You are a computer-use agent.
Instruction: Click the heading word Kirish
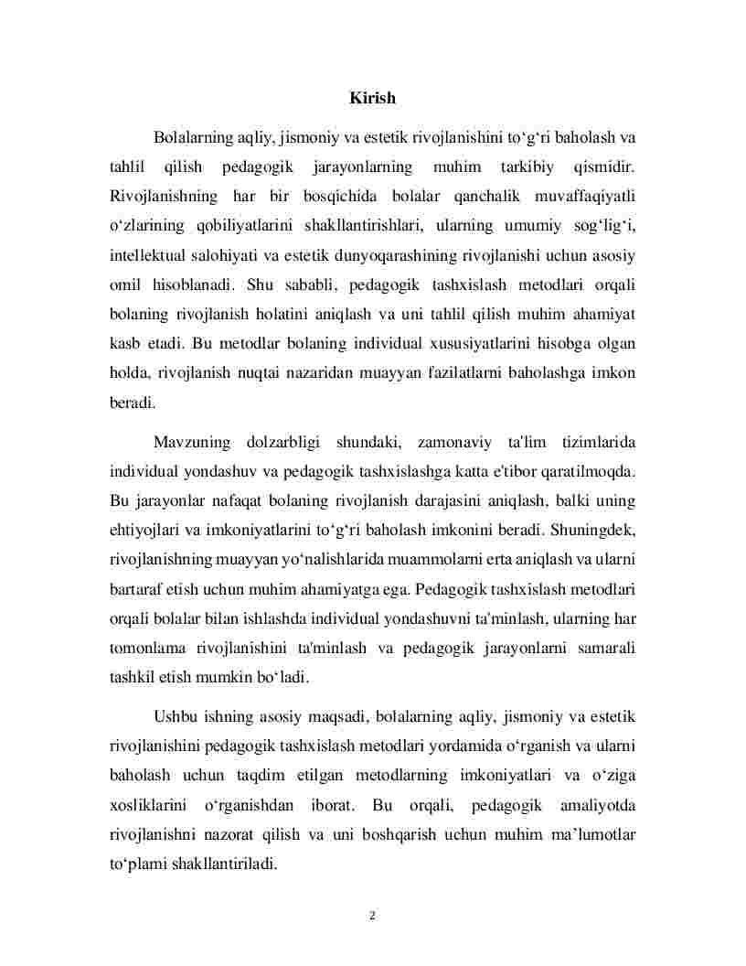(372, 97)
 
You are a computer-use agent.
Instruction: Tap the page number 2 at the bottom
(373, 915)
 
